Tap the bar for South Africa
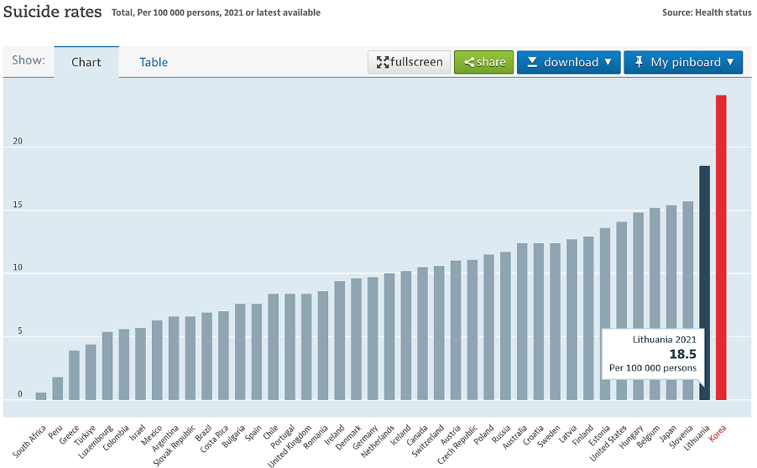(x=41, y=396)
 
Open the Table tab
(x=154, y=62)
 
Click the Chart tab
(x=86, y=62)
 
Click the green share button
(x=484, y=62)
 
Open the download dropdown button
(x=569, y=62)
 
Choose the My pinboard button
(x=683, y=62)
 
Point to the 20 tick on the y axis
(x=18, y=142)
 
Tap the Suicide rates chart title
(x=52, y=12)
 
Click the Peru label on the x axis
(x=55, y=431)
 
